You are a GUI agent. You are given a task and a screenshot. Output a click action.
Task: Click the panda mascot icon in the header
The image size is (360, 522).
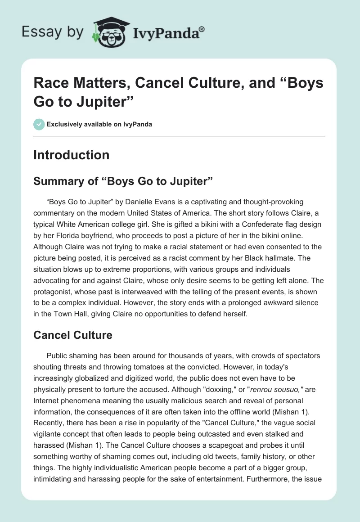pyautogui.click(x=109, y=32)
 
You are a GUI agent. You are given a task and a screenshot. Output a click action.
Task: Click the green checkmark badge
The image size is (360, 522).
pyautogui.click(x=39, y=124)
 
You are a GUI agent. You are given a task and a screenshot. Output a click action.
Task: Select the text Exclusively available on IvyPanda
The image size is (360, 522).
pyautogui.click(x=99, y=124)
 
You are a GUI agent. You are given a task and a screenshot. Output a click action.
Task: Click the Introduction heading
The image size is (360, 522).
pyautogui.click(x=71, y=155)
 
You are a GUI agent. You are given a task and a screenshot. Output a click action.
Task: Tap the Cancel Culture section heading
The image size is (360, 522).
pyautogui.click(x=73, y=335)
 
